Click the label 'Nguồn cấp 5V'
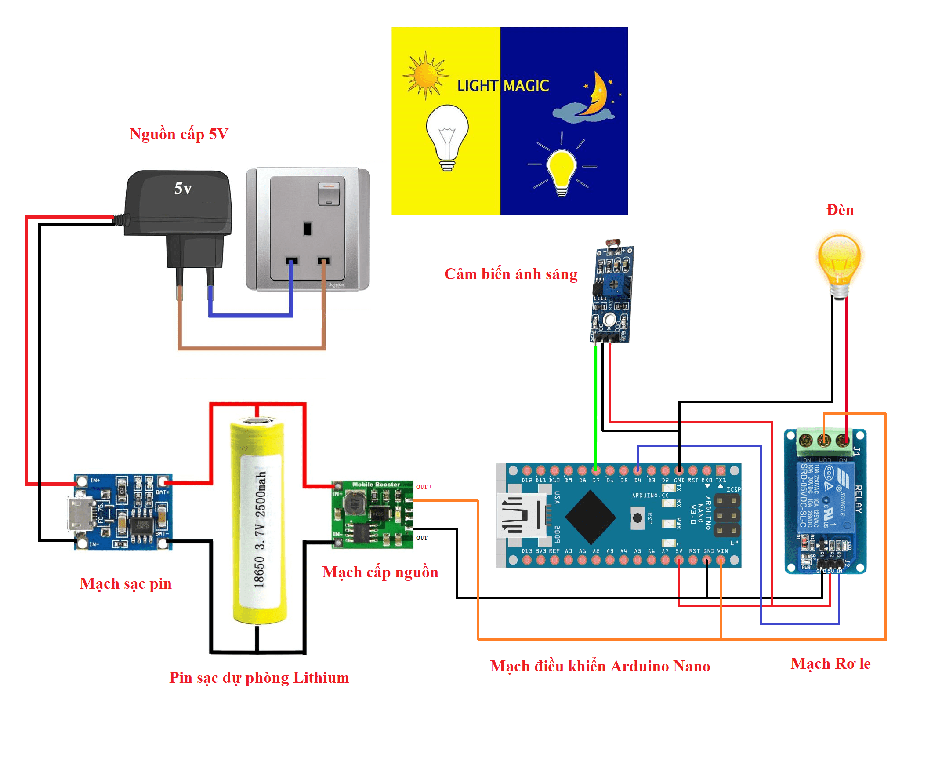[x=179, y=134]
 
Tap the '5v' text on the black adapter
[x=183, y=189]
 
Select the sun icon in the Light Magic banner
[x=424, y=76]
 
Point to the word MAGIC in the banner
[x=526, y=86]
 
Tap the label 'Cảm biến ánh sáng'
[x=511, y=274]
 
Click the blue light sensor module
[x=612, y=295]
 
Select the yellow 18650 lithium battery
[x=259, y=521]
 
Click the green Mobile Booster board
[x=373, y=514]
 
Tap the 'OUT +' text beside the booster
[x=424, y=487]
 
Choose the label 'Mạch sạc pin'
[x=126, y=584]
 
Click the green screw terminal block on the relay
[x=824, y=441]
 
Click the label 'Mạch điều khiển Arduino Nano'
[x=600, y=667]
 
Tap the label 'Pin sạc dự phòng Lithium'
[x=259, y=678]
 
